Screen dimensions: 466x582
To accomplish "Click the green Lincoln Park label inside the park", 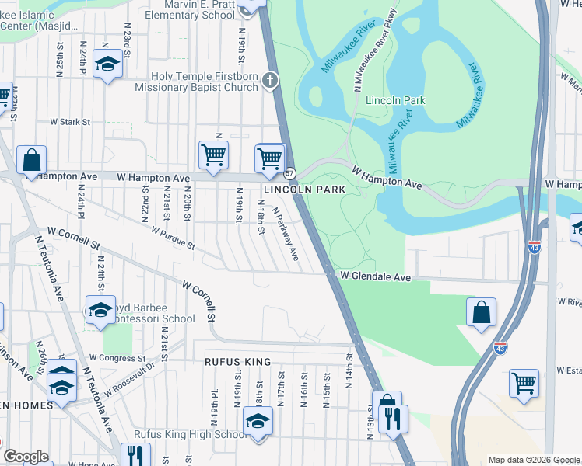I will point(394,101).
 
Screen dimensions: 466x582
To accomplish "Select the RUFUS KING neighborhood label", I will point(237,362).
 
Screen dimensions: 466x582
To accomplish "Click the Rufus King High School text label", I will point(191,434).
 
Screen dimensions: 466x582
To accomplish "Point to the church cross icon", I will point(270,80).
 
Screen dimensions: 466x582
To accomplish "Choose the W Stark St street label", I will point(70,122).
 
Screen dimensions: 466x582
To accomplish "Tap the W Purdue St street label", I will point(172,238).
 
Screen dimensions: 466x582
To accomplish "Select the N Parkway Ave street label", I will point(285,238).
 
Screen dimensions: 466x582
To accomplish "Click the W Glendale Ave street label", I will point(374,276).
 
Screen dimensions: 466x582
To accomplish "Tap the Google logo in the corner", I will point(26,457).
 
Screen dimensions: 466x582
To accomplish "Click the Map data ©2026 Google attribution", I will point(533,460).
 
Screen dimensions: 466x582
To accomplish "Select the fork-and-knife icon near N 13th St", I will point(394,419).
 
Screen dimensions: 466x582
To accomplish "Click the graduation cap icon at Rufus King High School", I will point(258,423).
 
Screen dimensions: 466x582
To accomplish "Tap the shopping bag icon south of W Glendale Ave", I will point(482,312).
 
